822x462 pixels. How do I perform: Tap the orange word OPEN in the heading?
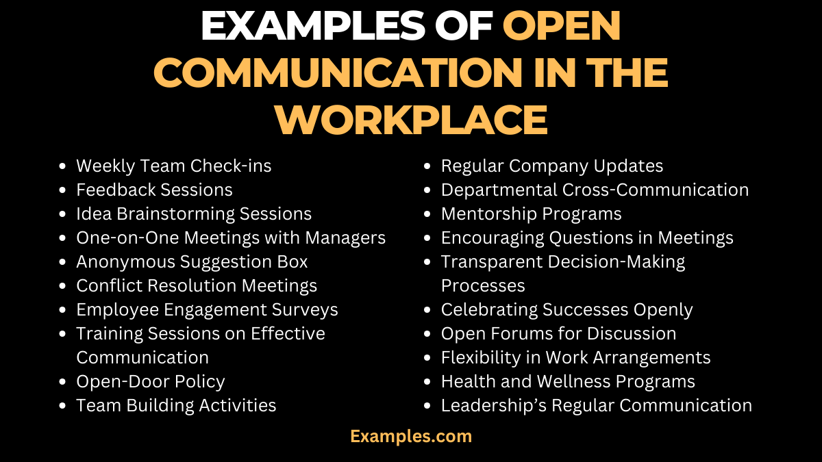point(562,27)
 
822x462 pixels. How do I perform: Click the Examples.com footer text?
point(411,436)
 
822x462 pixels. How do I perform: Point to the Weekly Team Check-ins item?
point(174,166)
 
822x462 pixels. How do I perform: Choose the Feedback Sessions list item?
point(154,190)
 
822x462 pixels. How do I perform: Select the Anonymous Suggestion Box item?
point(192,261)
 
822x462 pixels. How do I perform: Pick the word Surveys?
point(306,309)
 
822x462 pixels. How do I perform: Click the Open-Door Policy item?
point(150,381)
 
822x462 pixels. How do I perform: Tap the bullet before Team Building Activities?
point(63,406)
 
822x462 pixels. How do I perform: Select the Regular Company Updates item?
point(552,166)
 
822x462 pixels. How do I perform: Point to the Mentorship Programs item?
point(531,214)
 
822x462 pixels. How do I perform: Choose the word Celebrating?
point(489,309)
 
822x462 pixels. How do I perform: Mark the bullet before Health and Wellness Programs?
point(428,382)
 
